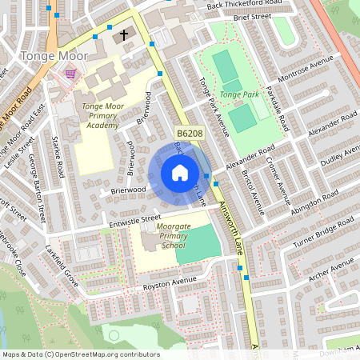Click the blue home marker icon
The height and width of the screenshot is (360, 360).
(180, 173)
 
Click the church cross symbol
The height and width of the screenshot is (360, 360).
(124, 34)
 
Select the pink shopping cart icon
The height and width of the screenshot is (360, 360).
(70, 74)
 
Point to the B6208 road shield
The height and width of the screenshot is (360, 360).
(190, 133)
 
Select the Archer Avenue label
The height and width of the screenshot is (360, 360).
(330, 266)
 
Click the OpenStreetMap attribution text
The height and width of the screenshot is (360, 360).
(80, 354)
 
